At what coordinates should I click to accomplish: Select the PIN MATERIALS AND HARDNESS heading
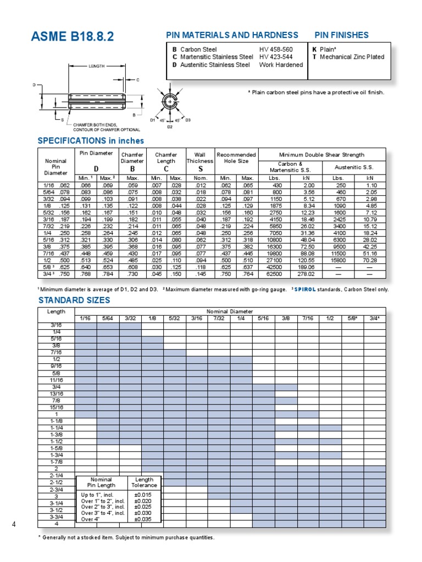click(232, 35)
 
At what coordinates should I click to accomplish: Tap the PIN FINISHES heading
click(341, 35)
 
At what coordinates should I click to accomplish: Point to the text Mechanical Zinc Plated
click(352, 57)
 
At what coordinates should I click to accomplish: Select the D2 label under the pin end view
click(170, 127)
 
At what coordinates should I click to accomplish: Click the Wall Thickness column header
click(196, 158)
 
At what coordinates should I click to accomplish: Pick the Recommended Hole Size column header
click(236, 158)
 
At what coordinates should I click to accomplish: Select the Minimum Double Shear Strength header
click(321, 154)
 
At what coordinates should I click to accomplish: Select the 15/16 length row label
click(57, 407)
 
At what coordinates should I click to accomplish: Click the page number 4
click(14, 525)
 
